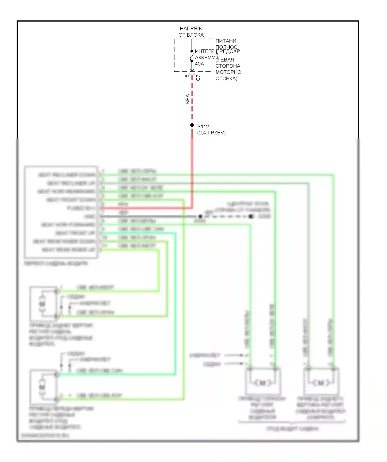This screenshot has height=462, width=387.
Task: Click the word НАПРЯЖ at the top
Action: point(191,29)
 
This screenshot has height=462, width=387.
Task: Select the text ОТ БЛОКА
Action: point(191,35)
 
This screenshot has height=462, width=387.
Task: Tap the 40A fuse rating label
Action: point(199,64)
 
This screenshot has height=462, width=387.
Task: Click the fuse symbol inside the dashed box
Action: point(192,56)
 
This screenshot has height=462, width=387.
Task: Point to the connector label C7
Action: point(198,78)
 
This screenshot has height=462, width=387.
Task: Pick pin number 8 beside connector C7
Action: point(187,76)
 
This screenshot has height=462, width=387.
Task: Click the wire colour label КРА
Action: point(188,99)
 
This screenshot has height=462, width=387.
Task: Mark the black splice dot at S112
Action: point(192,125)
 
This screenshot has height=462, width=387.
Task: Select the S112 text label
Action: point(203,126)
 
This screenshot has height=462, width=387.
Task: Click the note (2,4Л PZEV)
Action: point(211,133)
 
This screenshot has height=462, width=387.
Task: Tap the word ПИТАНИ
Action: point(226,41)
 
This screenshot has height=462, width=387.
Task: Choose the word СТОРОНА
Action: point(228,66)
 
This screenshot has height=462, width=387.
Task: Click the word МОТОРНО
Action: point(228,72)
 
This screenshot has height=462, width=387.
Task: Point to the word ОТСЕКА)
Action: point(226,78)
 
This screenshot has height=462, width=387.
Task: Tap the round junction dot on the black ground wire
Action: point(200,216)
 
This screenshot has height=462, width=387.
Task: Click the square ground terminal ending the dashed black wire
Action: point(251,216)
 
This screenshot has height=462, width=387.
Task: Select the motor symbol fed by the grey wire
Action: point(321,383)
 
